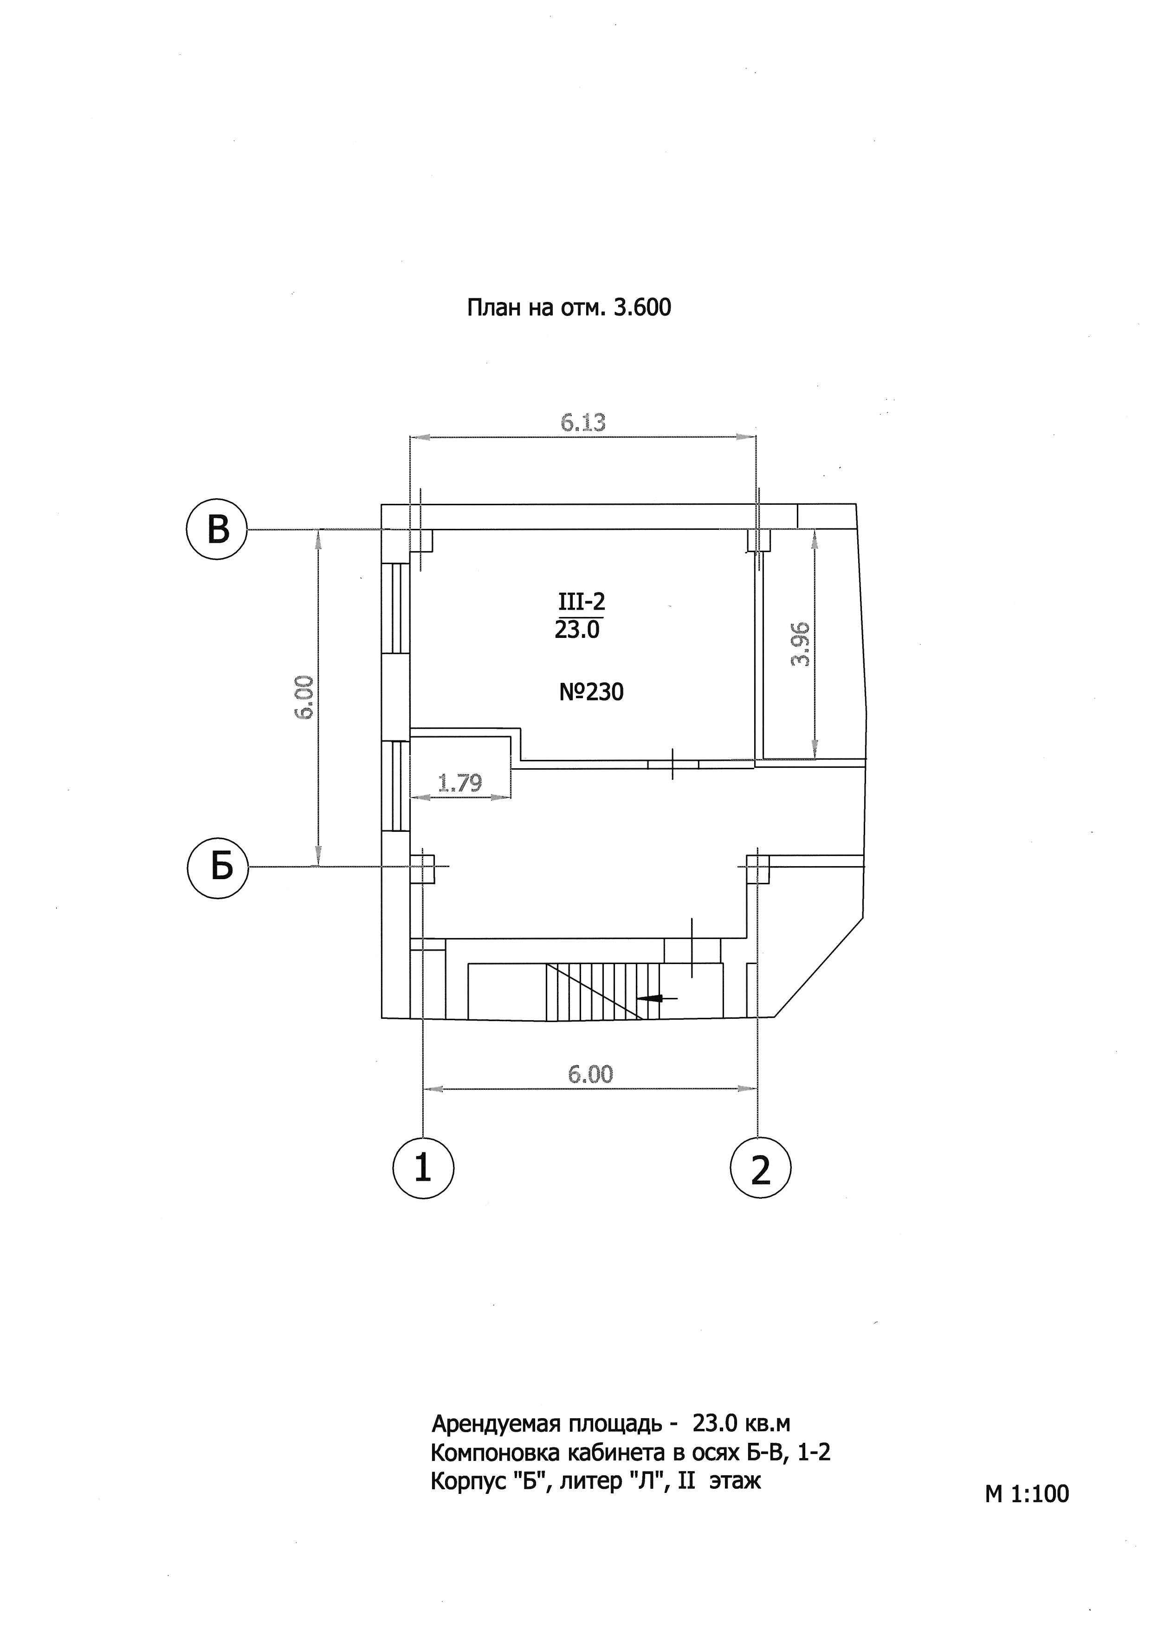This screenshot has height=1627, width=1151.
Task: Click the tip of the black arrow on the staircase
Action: [x=638, y=998]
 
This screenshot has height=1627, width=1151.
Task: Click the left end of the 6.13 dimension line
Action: [x=411, y=437]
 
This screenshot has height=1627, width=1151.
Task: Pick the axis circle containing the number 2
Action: [x=760, y=1169]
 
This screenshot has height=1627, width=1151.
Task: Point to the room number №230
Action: [x=591, y=692]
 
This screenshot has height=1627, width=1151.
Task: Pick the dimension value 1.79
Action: [x=460, y=782]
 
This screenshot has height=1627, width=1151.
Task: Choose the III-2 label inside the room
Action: [x=581, y=602]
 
